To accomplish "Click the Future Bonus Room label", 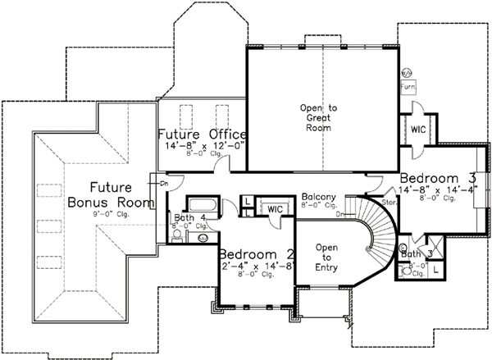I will click(x=112, y=194).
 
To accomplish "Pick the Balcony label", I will click(x=316, y=197).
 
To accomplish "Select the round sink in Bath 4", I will click(x=203, y=237).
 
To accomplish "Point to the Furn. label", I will click(x=408, y=85).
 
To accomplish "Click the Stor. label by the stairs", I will click(x=389, y=201).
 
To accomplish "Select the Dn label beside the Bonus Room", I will click(x=164, y=184).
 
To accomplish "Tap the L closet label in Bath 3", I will click(x=435, y=268).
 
